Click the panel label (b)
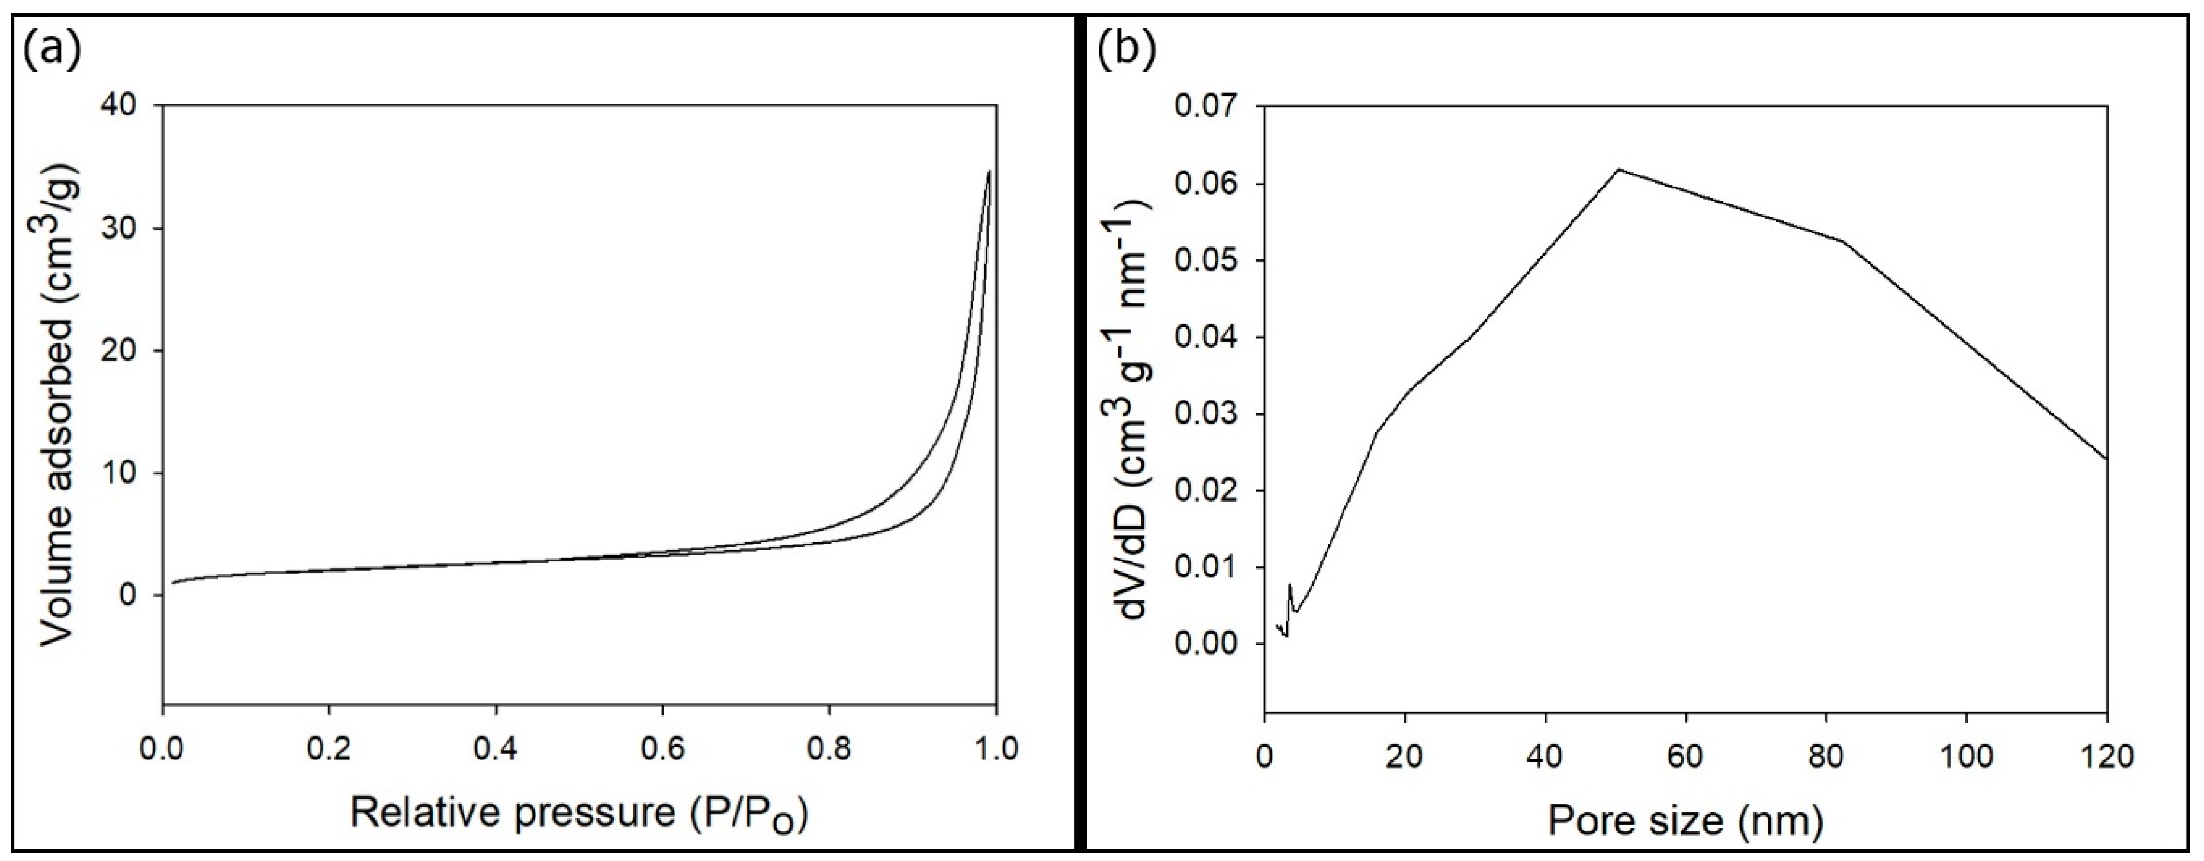tap(1127, 50)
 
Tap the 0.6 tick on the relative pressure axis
tap(662, 749)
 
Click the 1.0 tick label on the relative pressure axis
tap(995, 749)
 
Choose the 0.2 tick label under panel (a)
tap(329, 749)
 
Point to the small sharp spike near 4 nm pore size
tap(1289, 586)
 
